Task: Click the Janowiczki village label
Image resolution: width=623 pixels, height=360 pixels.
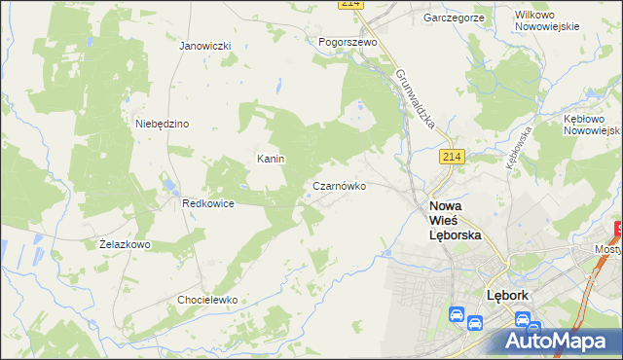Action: pyautogui.click(x=205, y=46)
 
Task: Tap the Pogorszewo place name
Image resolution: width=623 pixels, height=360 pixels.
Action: pyautogui.click(x=348, y=43)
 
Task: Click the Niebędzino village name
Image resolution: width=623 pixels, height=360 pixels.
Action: pyautogui.click(x=163, y=124)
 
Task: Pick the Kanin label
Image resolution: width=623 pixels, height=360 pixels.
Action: pyautogui.click(x=270, y=159)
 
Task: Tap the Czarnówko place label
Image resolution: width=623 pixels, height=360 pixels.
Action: pyautogui.click(x=339, y=185)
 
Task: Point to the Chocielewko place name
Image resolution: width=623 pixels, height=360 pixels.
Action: pyautogui.click(x=207, y=300)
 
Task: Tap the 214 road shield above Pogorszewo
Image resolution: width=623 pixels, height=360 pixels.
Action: pyautogui.click(x=351, y=5)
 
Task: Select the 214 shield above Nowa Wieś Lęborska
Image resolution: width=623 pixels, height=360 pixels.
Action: pyautogui.click(x=451, y=158)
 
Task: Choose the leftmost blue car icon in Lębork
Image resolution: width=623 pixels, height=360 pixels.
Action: pyautogui.click(x=456, y=315)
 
